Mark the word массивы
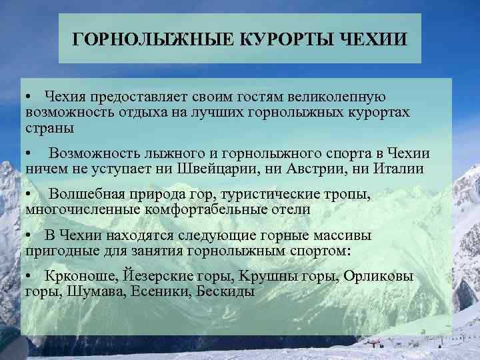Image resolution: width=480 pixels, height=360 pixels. click(341, 237)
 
